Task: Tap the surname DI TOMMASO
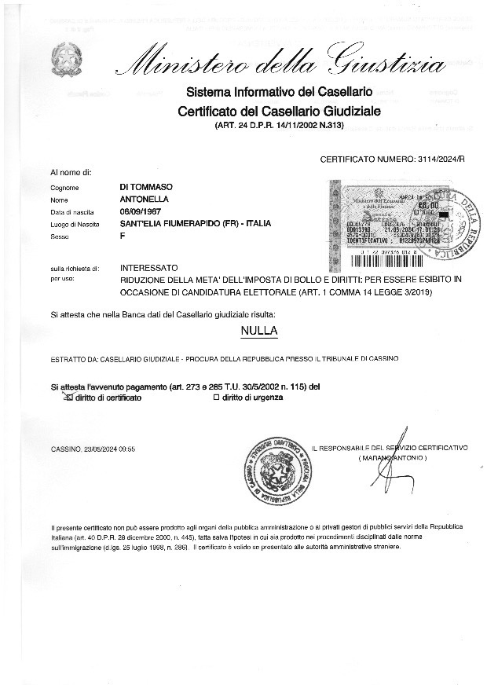click(146, 187)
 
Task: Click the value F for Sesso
click(123, 236)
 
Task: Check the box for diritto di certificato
click(68, 398)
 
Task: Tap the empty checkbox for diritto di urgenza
click(217, 398)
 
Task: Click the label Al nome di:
click(71, 171)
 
